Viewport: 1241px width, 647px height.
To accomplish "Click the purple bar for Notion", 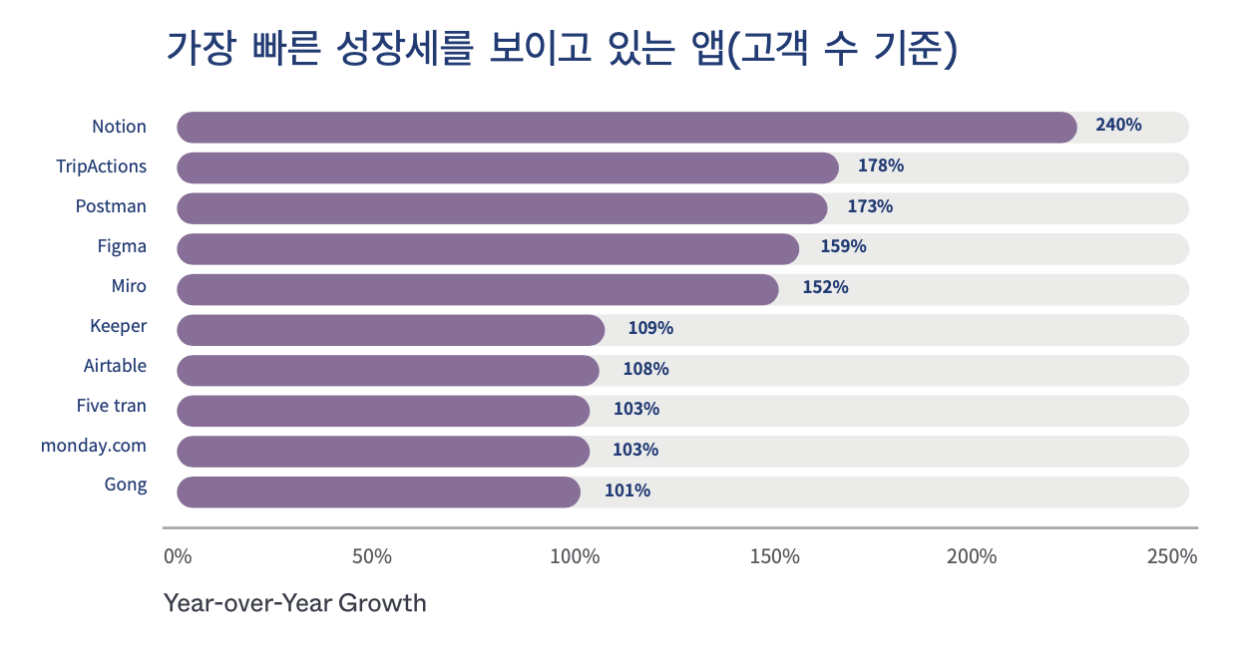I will click(x=626, y=128).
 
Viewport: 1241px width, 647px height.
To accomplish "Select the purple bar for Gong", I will click(x=378, y=491).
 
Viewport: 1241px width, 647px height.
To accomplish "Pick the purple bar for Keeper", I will click(x=391, y=330).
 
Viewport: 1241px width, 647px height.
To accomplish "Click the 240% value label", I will click(x=1118, y=126).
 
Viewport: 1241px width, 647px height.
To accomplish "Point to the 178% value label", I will click(x=881, y=165).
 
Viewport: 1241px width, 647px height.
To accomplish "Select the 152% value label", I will click(x=826, y=287).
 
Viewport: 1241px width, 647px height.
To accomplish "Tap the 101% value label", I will click(x=627, y=490).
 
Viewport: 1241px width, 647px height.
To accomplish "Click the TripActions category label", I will click(x=102, y=166).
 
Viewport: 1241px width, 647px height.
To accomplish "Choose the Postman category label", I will click(x=111, y=206).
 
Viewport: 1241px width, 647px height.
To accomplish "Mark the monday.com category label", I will click(x=94, y=446).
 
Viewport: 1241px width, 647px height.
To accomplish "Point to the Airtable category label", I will click(x=115, y=366).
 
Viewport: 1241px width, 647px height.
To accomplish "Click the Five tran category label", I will click(x=112, y=406).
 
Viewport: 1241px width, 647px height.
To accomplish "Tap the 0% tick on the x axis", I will click(x=178, y=556).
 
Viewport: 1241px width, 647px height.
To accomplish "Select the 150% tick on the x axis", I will click(x=775, y=556).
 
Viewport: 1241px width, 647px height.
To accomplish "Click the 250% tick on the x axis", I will click(x=1172, y=556).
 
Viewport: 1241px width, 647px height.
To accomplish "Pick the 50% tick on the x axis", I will click(x=372, y=556).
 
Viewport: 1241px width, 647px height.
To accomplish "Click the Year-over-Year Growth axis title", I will click(x=295, y=603).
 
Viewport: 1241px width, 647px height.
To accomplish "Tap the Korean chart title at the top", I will click(x=562, y=49).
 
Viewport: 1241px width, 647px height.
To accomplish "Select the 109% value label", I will click(x=650, y=327).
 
